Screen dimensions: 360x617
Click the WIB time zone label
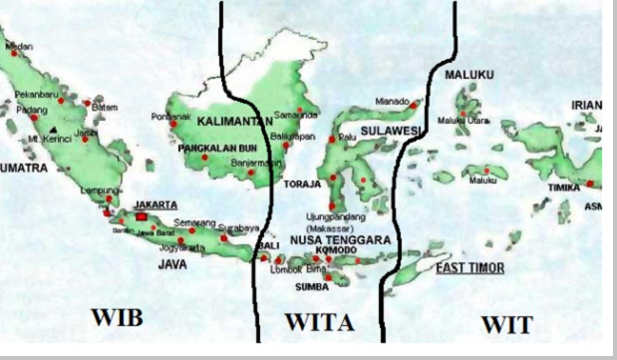click(x=117, y=318)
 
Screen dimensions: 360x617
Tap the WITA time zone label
click(x=320, y=323)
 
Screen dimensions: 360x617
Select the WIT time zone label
click(x=506, y=324)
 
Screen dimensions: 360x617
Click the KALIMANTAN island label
click(x=235, y=121)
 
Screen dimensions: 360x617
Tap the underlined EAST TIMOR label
click(x=469, y=268)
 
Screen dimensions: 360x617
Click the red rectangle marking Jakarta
click(x=142, y=215)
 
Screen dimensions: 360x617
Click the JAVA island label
click(x=172, y=264)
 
